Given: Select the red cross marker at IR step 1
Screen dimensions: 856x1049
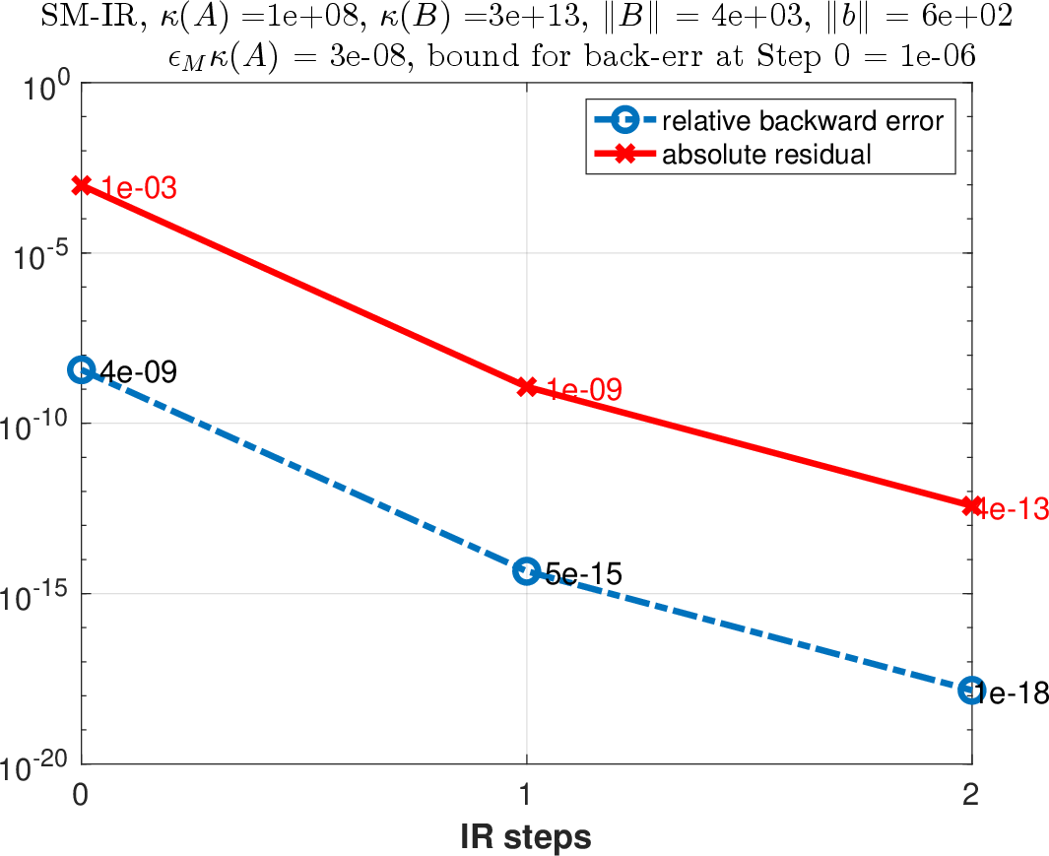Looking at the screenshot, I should [x=527, y=386].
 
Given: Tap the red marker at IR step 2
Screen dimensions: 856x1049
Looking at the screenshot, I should [x=972, y=505].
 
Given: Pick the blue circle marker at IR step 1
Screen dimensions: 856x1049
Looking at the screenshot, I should [x=527, y=571].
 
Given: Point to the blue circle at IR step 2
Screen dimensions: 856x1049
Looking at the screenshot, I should [x=971, y=691].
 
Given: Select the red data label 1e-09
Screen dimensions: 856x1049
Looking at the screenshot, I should [x=583, y=389].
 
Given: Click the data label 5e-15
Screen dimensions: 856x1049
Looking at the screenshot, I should [x=583, y=573].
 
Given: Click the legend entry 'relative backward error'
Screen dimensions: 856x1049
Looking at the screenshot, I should [x=803, y=121].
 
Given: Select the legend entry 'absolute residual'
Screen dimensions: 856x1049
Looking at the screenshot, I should [x=766, y=155].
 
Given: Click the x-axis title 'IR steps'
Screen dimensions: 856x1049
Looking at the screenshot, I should [x=526, y=836].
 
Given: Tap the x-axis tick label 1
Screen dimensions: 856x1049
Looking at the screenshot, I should [x=527, y=795].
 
